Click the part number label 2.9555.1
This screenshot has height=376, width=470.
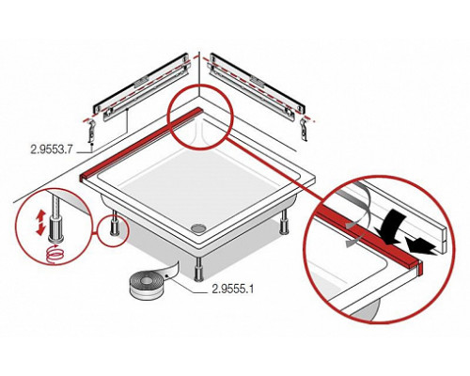click(233, 289)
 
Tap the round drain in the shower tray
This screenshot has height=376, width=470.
click(197, 227)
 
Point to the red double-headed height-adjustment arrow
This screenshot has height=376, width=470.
click(40, 223)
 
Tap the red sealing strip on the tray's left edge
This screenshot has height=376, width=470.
click(141, 144)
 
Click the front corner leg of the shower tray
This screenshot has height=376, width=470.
click(198, 271)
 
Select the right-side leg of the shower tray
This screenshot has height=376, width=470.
click(285, 221)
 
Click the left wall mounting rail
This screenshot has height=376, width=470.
click(142, 84)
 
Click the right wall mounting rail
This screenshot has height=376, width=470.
click(258, 84)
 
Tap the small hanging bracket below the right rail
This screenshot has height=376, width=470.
click(304, 129)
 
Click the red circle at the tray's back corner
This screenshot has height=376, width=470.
click(201, 117)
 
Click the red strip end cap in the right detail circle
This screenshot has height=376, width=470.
click(420, 267)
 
